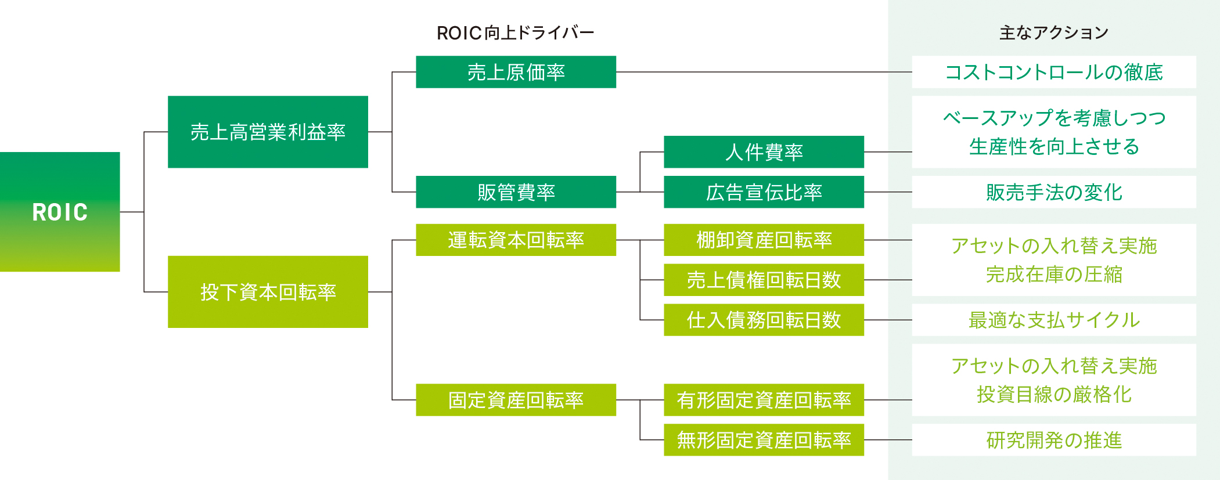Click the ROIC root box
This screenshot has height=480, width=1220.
click(60, 212)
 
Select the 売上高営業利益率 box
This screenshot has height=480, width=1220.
click(268, 132)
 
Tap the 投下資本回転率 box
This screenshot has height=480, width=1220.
click(268, 292)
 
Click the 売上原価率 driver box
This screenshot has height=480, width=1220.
click(516, 72)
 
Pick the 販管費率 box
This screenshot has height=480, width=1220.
click(516, 192)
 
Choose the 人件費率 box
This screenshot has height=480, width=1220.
click(764, 152)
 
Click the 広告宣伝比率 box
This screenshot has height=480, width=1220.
click(764, 192)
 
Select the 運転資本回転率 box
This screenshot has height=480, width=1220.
click(516, 240)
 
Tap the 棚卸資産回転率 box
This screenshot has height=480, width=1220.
click(764, 240)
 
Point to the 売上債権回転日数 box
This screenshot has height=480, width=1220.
click(764, 280)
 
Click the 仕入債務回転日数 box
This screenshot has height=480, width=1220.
click(764, 320)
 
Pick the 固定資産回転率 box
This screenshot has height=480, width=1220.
click(516, 400)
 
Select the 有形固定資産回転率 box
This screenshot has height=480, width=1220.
click(764, 400)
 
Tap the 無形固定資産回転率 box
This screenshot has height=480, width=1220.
click(764, 440)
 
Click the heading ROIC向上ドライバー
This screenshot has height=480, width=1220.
click(515, 33)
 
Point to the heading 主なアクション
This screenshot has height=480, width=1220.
click(1053, 33)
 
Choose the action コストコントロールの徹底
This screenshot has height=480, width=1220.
click(1053, 72)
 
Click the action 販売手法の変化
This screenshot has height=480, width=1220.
click(1053, 192)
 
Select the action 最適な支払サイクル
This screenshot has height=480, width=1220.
click(1053, 320)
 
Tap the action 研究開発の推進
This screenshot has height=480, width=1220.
click(1053, 440)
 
